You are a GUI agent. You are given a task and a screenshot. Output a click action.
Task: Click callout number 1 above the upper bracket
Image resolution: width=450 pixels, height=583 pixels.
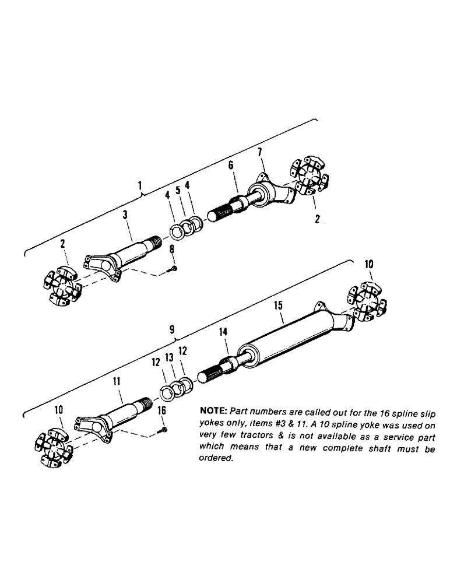point(140,186)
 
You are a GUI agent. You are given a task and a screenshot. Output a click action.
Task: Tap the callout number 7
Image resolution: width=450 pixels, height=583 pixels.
point(260,152)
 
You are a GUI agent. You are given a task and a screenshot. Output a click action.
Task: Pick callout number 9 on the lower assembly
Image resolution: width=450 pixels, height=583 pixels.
point(171,329)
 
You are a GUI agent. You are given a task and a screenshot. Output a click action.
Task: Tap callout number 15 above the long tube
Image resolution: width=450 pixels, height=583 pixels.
point(278,305)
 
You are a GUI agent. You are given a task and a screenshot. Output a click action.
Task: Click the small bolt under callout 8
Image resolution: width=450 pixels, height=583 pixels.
point(174,269)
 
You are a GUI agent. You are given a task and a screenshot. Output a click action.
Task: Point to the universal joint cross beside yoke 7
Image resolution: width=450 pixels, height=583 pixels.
point(307,176)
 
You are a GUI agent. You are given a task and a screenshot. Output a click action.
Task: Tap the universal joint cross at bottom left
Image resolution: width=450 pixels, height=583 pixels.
point(52,447)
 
